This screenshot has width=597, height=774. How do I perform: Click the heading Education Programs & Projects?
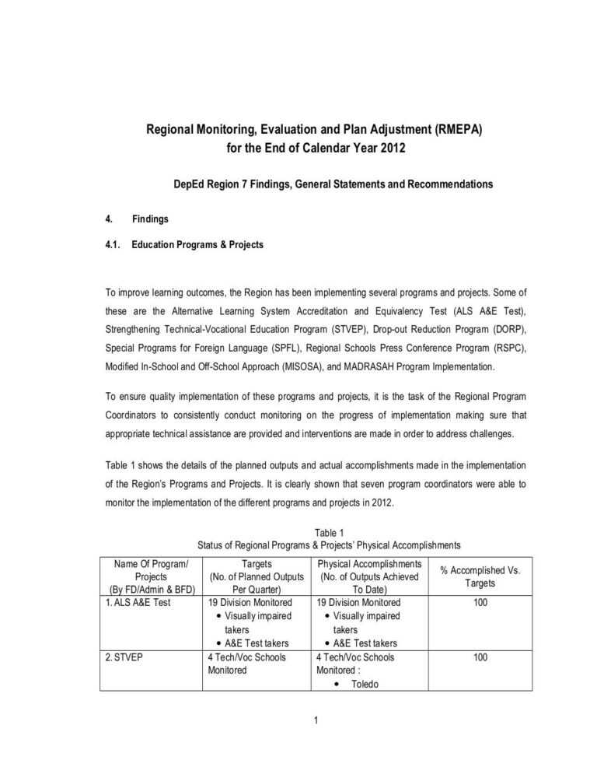coord(197,244)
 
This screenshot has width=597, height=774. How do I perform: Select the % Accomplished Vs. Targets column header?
coord(480,576)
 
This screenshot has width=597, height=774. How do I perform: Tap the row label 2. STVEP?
coord(123,657)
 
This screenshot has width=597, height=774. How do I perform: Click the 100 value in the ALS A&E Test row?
coord(480,602)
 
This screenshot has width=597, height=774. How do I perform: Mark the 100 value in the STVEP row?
coord(480,657)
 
